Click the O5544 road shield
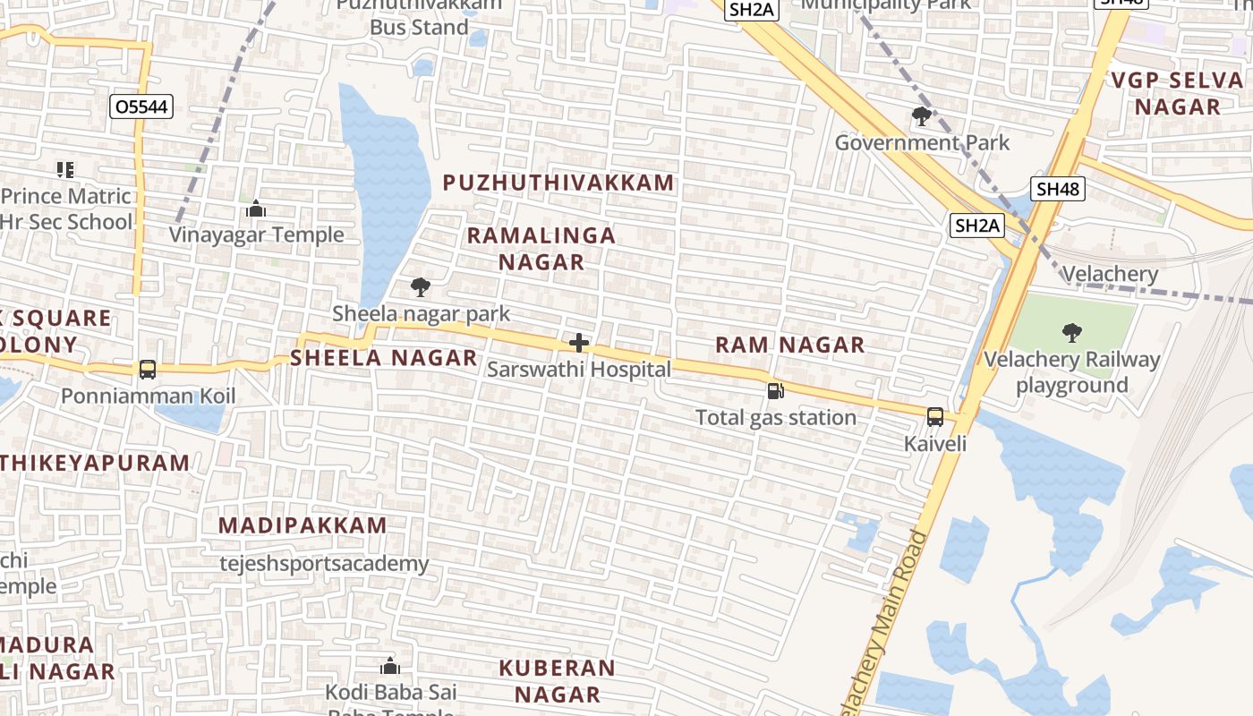(141, 107)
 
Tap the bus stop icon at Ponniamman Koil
(148, 369)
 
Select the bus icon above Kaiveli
(935, 416)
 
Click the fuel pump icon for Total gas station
(775, 391)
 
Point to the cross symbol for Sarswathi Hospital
(579, 343)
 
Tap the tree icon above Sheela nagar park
(420, 287)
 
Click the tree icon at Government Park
(921, 115)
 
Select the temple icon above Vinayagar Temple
(256, 209)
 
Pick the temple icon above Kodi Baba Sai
(390, 666)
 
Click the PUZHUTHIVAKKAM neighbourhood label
(558, 183)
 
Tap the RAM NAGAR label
(790, 345)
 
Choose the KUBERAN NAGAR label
(557, 681)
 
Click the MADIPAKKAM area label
(303, 525)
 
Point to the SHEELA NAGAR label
(383, 358)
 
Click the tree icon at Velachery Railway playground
(1071, 334)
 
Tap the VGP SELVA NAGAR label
(1177, 93)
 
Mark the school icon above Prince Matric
(64, 169)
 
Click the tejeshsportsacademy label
(324, 564)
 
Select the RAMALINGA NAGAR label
(541, 248)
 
